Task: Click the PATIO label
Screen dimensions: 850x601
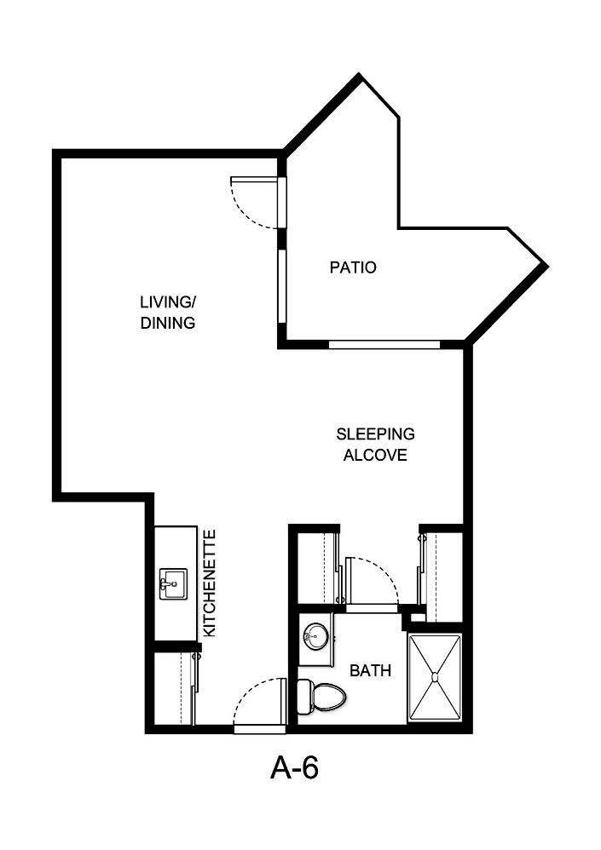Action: point(353,267)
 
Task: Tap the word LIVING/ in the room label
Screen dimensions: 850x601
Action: point(168,303)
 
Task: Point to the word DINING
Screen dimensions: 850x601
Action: point(168,324)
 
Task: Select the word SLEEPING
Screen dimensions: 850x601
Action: point(375,434)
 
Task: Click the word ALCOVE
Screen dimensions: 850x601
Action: point(375,455)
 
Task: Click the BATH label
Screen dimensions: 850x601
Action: point(371,671)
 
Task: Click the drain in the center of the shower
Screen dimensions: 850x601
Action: point(436,678)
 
